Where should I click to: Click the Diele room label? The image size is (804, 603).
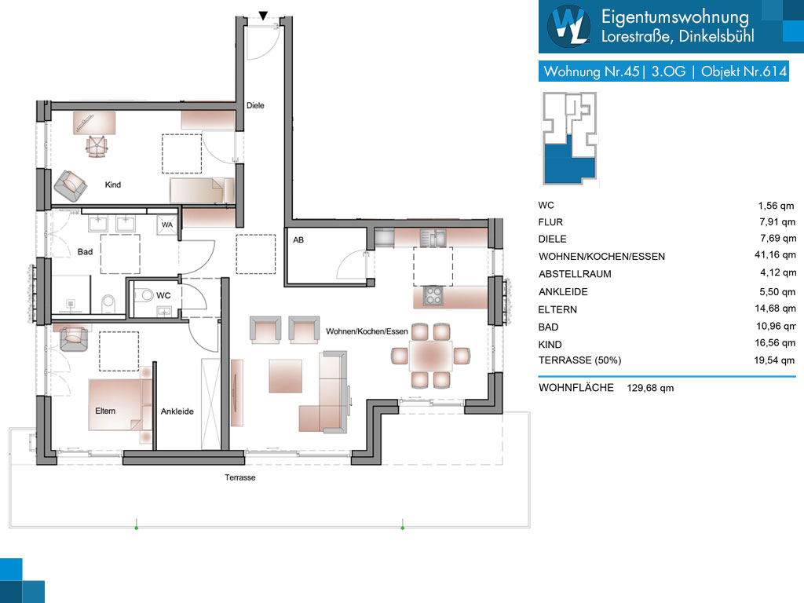(255, 106)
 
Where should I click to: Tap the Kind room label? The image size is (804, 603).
(113, 185)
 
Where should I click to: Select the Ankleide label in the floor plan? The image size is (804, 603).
(177, 411)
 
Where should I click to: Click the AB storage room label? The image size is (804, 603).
(298, 240)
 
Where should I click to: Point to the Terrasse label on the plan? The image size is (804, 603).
(240, 477)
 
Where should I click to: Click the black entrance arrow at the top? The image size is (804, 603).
(263, 16)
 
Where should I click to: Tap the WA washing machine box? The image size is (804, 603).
(167, 225)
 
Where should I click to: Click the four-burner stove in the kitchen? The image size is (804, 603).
(433, 296)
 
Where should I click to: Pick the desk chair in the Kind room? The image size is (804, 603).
(97, 147)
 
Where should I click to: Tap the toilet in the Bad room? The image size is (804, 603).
(108, 303)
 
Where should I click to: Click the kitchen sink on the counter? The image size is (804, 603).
(433, 238)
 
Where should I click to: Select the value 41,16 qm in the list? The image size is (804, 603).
(775, 255)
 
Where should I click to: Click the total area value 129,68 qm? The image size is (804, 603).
(650, 388)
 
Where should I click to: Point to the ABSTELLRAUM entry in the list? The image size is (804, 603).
(575, 274)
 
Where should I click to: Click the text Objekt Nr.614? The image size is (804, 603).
(744, 71)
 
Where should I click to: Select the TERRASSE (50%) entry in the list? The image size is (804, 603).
(579, 360)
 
